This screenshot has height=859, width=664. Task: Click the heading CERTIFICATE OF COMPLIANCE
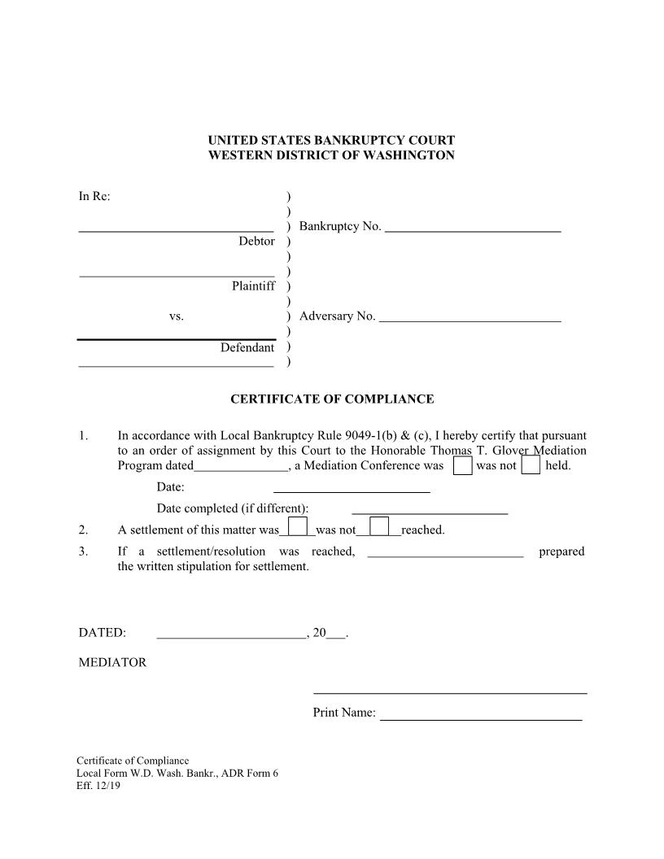(332, 399)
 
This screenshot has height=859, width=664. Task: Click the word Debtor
(256, 242)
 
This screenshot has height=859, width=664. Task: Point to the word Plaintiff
(253, 286)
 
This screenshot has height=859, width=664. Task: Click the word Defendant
(247, 347)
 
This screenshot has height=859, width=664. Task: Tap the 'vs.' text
(177, 316)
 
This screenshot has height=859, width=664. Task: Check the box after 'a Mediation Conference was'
(462, 466)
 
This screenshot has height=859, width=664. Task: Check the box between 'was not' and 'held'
(531, 466)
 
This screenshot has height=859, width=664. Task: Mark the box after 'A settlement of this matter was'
(298, 527)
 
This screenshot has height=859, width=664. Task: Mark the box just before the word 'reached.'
(379, 527)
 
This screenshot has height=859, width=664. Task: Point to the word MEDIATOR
(112, 662)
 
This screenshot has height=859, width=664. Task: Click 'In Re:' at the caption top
(94, 196)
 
